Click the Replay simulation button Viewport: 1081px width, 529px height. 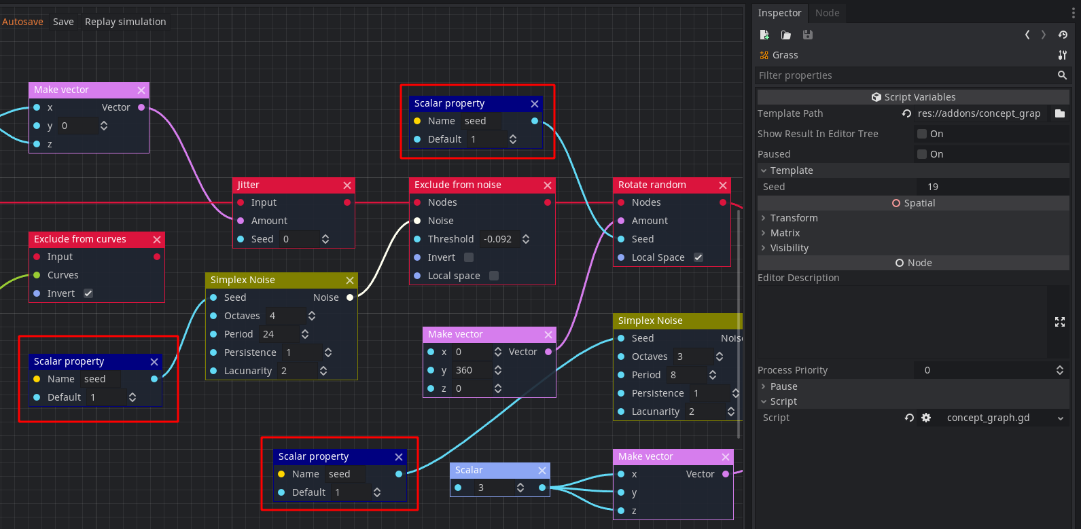[125, 22]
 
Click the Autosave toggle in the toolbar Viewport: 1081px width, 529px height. [22, 22]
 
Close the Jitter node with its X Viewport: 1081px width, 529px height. [347, 185]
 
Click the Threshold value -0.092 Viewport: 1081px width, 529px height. [497, 239]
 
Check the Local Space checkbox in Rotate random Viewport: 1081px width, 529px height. [698, 257]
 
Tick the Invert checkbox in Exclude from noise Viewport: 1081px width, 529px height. [469, 257]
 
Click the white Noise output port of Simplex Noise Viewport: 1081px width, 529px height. [350, 297]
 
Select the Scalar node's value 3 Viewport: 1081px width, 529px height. [489, 488]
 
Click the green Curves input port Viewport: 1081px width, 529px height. [37, 275]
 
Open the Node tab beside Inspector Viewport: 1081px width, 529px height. [827, 13]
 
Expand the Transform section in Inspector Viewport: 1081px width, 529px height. [794, 218]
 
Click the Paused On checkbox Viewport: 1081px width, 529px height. [922, 154]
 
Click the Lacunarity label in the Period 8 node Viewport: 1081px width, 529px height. [655, 412]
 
